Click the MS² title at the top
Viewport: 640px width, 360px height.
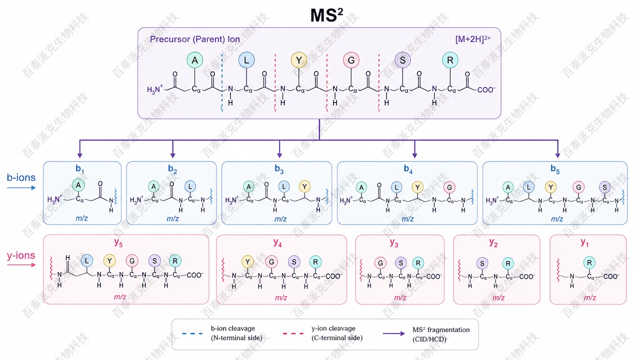(x=326, y=15)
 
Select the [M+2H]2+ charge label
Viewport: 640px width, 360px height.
(x=473, y=39)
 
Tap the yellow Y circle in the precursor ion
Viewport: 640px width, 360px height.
(x=299, y=60)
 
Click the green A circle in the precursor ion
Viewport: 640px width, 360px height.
(x=195, y=60)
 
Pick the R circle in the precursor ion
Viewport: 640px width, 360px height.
(x=450, y=60)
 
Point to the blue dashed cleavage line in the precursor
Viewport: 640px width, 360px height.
(x=222, y=82)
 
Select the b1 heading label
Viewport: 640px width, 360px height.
(x=80, y=169)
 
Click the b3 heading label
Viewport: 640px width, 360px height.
(x=279, y=169)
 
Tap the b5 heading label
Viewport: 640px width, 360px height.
(x=555, y=169)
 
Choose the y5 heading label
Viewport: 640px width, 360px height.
(x=118, y=242)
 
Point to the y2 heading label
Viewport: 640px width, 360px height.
(x=493, y=243)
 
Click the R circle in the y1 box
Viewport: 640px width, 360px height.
(x=589, y=262)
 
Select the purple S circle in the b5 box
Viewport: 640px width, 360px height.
(x=605, y=187)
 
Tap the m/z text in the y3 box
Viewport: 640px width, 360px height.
(x=400, y=297)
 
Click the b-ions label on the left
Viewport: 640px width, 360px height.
(x=21, y=177)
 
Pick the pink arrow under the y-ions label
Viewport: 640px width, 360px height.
(x=21, y=265)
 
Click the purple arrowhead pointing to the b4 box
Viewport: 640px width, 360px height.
(x=414, y=155)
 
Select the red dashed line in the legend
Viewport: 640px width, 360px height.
(x=293, y=333)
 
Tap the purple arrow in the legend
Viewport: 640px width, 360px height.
(x=393, y=333)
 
